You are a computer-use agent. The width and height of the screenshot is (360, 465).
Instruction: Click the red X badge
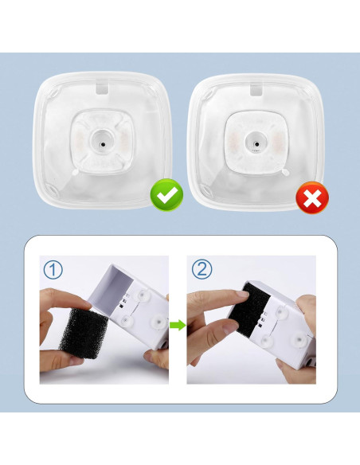coord(312,198)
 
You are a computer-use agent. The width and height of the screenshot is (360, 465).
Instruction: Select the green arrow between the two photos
coord(179,324)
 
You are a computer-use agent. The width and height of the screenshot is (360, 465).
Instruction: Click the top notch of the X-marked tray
coord(255,85)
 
